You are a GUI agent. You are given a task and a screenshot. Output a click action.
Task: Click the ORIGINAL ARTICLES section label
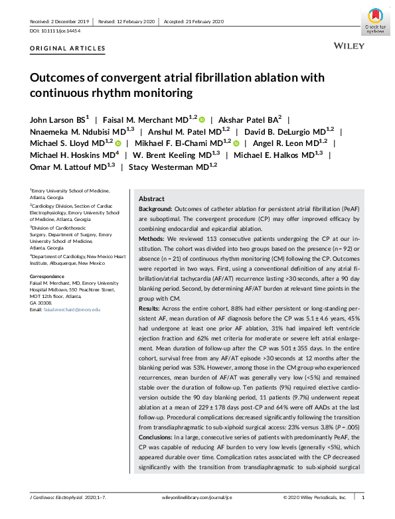click(x=68, y=48)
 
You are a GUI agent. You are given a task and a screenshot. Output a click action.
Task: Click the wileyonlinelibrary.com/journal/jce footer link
click(x=197, y=497)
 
